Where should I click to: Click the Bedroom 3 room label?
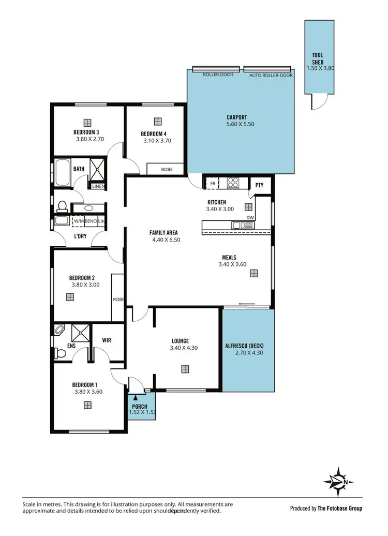pyautogui.click(x=86, y=132)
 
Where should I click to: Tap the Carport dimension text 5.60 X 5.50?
pyautogui.click(x=240, y=124)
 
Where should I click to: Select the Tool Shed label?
pyautogui.click(x=318, y=58)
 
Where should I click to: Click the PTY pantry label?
pyautogui.click(x=259, y=185)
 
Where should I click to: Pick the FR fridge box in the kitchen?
pyautogui.click(x=212, y=183)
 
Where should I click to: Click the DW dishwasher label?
pyautogui.click(x=250, y=217)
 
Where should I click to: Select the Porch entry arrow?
pyautogui.click(x=136, y=398)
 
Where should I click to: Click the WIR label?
pyautogui.click(x=107, y=340)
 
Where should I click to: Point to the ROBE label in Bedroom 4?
pyautogui.click(x=166, y=169)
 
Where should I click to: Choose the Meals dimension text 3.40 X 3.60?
pyautogui.click(x=232, y=264)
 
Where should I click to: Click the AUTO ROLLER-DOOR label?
pyautogui.click(x=271, y=75)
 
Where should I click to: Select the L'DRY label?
pyautogui.click(x=80, y=236)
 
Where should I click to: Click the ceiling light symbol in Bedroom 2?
pyautogui.click(x=69, y=297)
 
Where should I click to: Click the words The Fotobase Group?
pyautogui.click(x=340, y=508)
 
